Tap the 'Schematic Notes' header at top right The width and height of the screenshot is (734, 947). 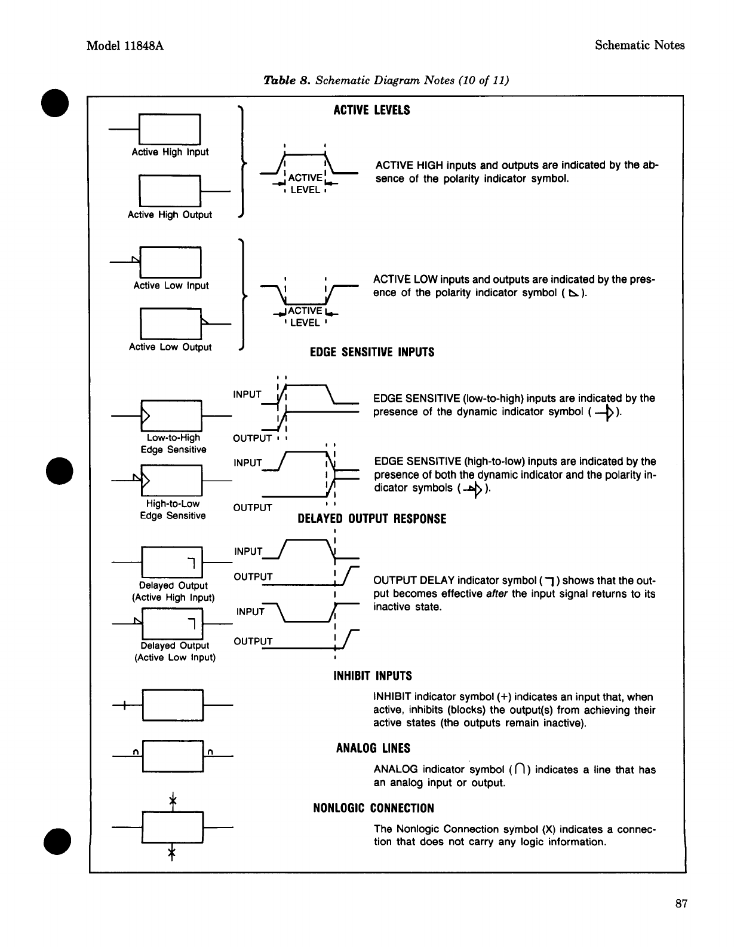point(640,45)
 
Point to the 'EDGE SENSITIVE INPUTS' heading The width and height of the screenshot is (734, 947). point(371,352)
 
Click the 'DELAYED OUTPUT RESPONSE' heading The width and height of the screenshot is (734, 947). point(371,518)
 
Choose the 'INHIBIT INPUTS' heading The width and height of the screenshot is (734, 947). point(372,676)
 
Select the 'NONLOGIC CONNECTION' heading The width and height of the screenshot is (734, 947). point(374,808)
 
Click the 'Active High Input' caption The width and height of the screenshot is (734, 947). point(170,152)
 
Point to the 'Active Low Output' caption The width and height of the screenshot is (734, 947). point(170,347)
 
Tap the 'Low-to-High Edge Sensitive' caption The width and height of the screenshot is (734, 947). point(173,444)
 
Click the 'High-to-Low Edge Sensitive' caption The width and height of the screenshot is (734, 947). point(173,509)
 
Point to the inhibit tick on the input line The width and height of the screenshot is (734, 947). point(123,706)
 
